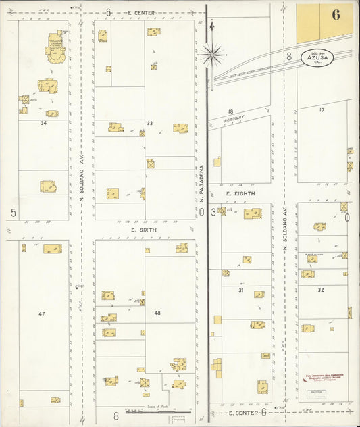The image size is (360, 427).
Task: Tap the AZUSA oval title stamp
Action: pyautogui.click(x=317, y=57)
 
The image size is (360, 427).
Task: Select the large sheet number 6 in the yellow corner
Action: pyautogui.click(x=336, y=16)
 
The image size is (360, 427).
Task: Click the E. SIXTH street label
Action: pyautogui.click(x=144, y=230)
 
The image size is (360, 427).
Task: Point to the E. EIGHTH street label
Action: pyautogui.click(x=240, y=194)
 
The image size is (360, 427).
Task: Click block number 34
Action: pyautogui.click(x=44, y=123)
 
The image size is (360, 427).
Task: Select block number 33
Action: pyautogui.click(x=150, y=123)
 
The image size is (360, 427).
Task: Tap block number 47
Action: pyautogui.click(x=41, y=314)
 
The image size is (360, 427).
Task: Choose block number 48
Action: pyautogui.click(x=158, y=313)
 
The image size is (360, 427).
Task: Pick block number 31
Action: pyautogui.click(x=240, y=290)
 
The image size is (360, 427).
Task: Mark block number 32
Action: pyautogui.click(x=321, y=290)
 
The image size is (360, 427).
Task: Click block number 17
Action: pyautogui.click(x=322, y=109)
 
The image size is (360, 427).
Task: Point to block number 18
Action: pyautogui.click(x=230, y=111)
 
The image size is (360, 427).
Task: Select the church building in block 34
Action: pyautogui.click(x=55, y=47)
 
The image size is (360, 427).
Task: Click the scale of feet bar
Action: pyautogui.click(x=158, y=411)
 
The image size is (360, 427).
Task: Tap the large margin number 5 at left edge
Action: pyautogui.click(x=13, y=213)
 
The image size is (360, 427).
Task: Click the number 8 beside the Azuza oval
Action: pyautogui.click(x=288, y=57)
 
